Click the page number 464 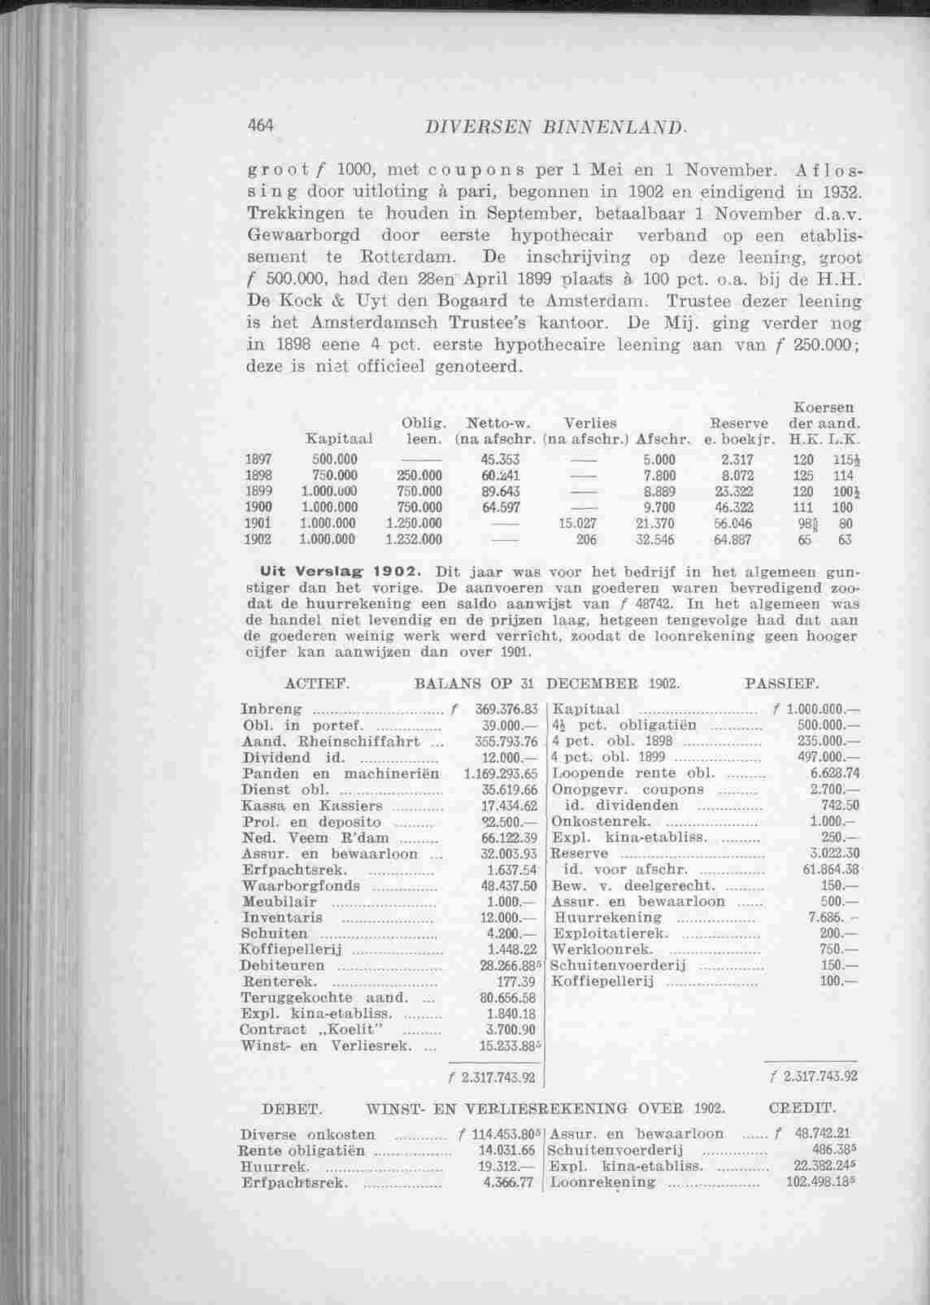pyautogui.click(x=263, y=126)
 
